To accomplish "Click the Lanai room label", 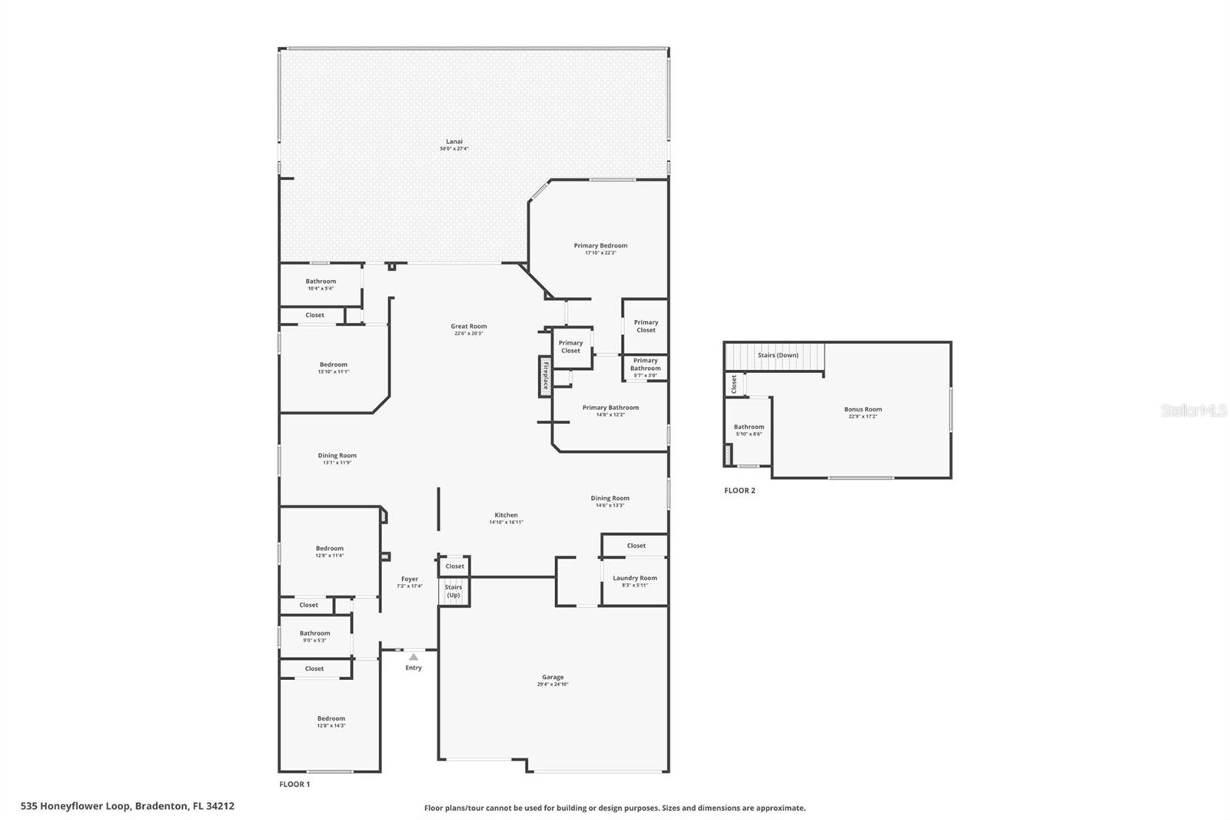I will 454,142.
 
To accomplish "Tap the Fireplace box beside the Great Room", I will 545,376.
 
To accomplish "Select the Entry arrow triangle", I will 413,657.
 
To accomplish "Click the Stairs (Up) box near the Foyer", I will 454,591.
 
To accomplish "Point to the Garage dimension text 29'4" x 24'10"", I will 553,685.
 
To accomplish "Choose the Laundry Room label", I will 635,578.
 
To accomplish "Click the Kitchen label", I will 506,515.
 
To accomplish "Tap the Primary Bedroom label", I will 600,246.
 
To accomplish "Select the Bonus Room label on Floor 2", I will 863,410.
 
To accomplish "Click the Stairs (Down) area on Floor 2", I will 777,355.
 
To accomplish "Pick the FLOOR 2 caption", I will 740,491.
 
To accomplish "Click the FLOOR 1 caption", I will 294,785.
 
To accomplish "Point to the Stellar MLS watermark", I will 1193,411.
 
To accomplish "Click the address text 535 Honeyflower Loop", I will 128,806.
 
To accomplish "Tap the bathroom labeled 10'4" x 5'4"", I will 321,284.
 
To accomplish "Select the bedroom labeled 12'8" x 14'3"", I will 331,722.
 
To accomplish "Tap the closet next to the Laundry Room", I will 636,545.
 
